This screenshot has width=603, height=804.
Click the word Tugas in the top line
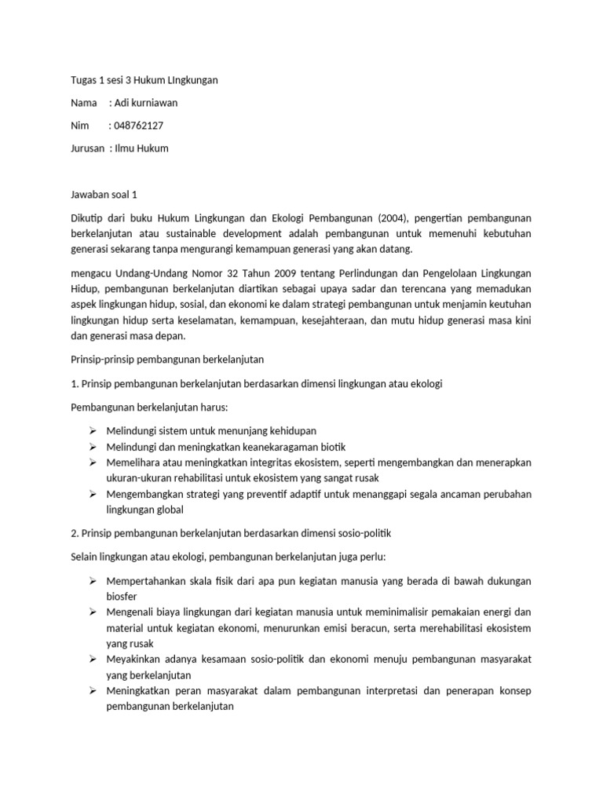75,79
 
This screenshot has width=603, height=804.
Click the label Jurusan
82,148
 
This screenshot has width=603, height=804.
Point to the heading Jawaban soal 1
104,193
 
